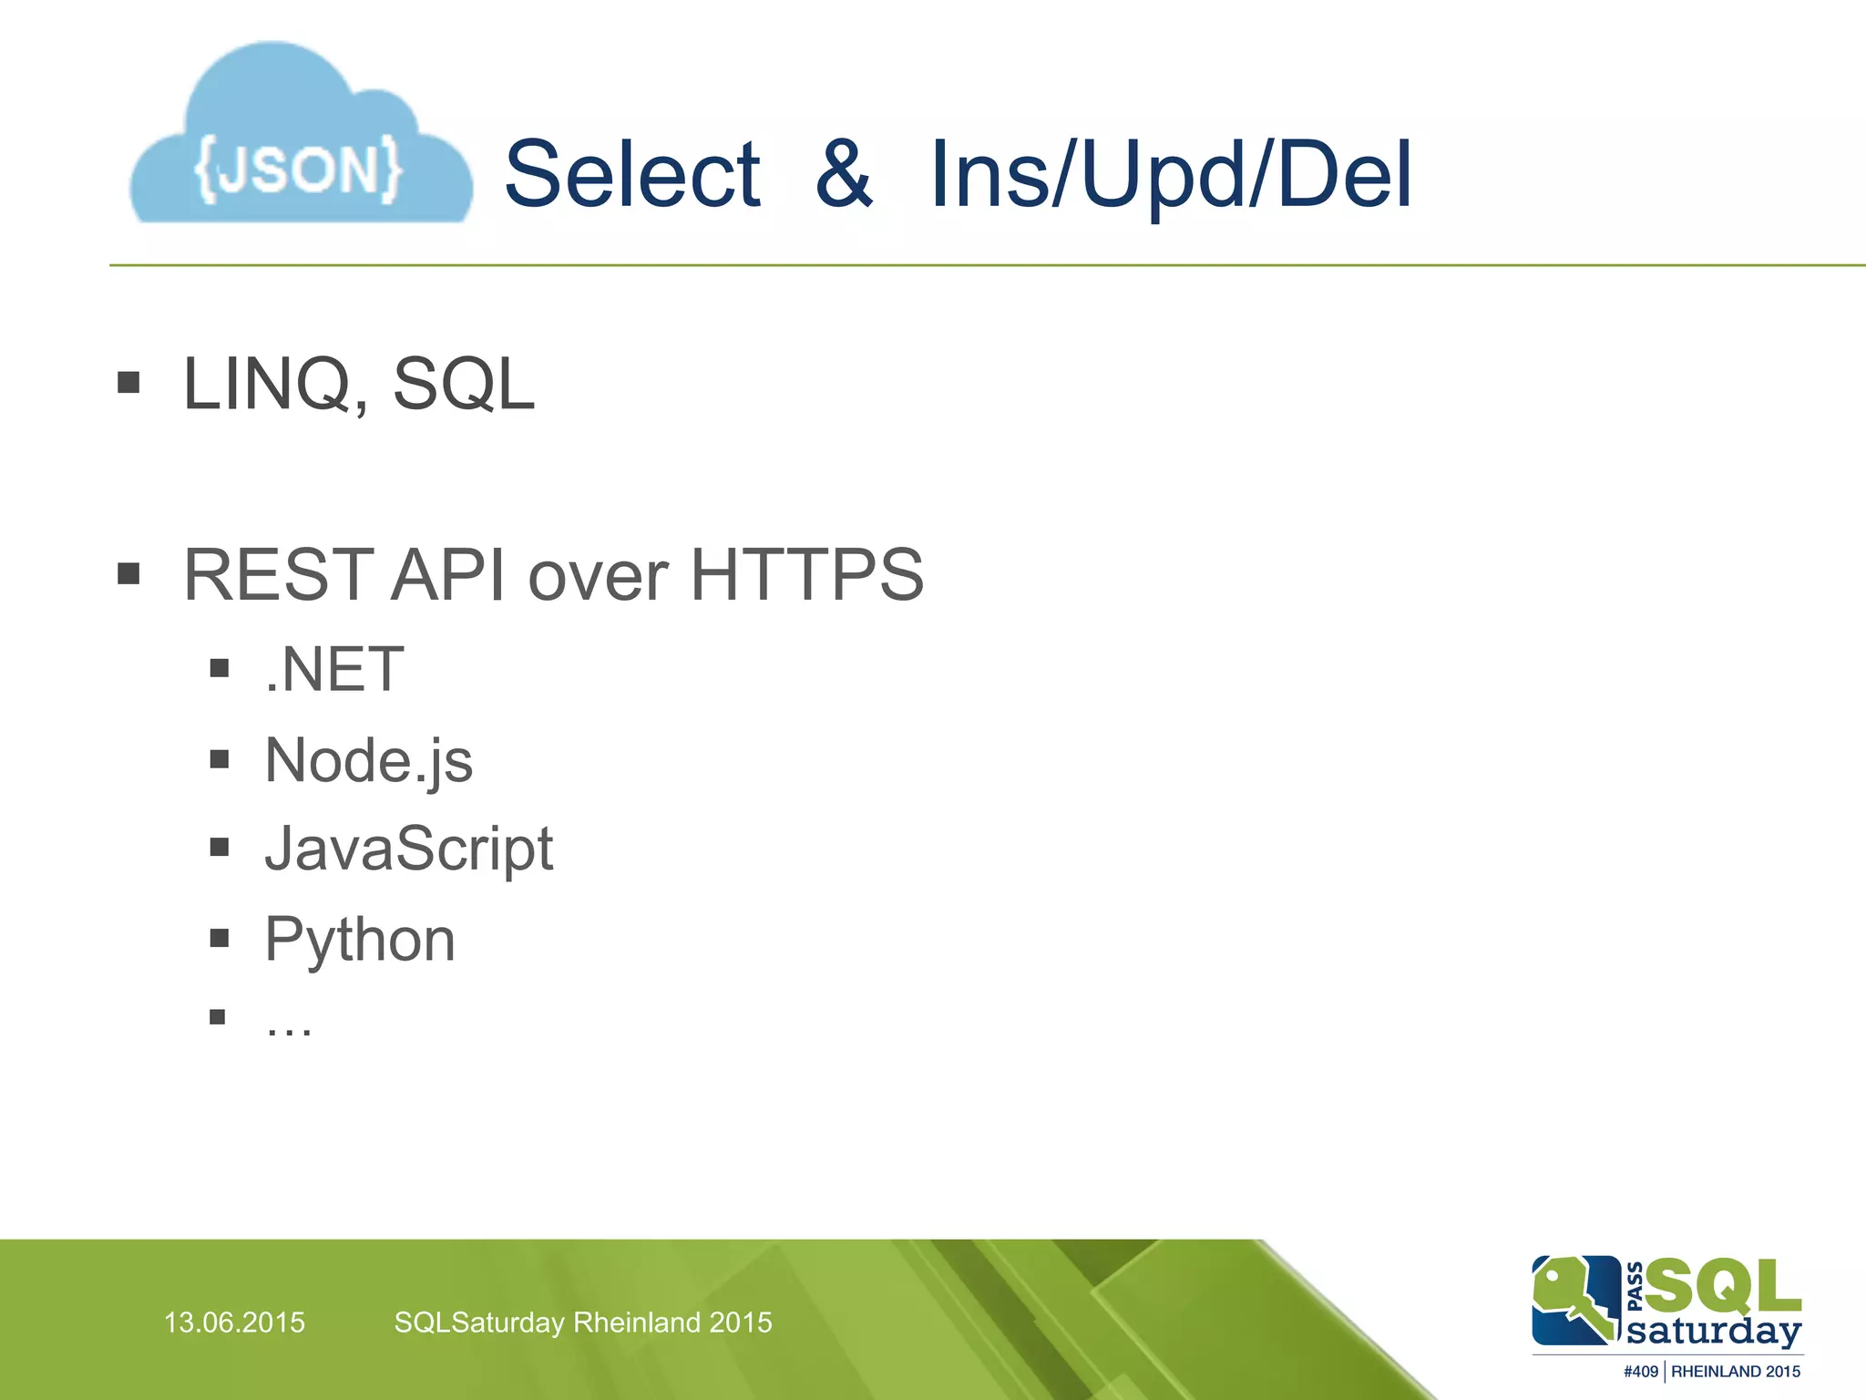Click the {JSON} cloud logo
coord(301,137)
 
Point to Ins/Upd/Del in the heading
coord(1171,175)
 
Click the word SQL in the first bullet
coord(463,385)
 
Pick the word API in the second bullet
coord(447,575)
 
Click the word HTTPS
coord(807,575)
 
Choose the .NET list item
coord(334,670)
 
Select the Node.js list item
coord(369,760)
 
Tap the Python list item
coord(360,940)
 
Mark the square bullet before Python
coord(219,938)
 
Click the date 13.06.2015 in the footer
coord(234,1323)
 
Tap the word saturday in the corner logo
coord(1714,1331)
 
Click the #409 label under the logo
coord(1640,1372)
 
